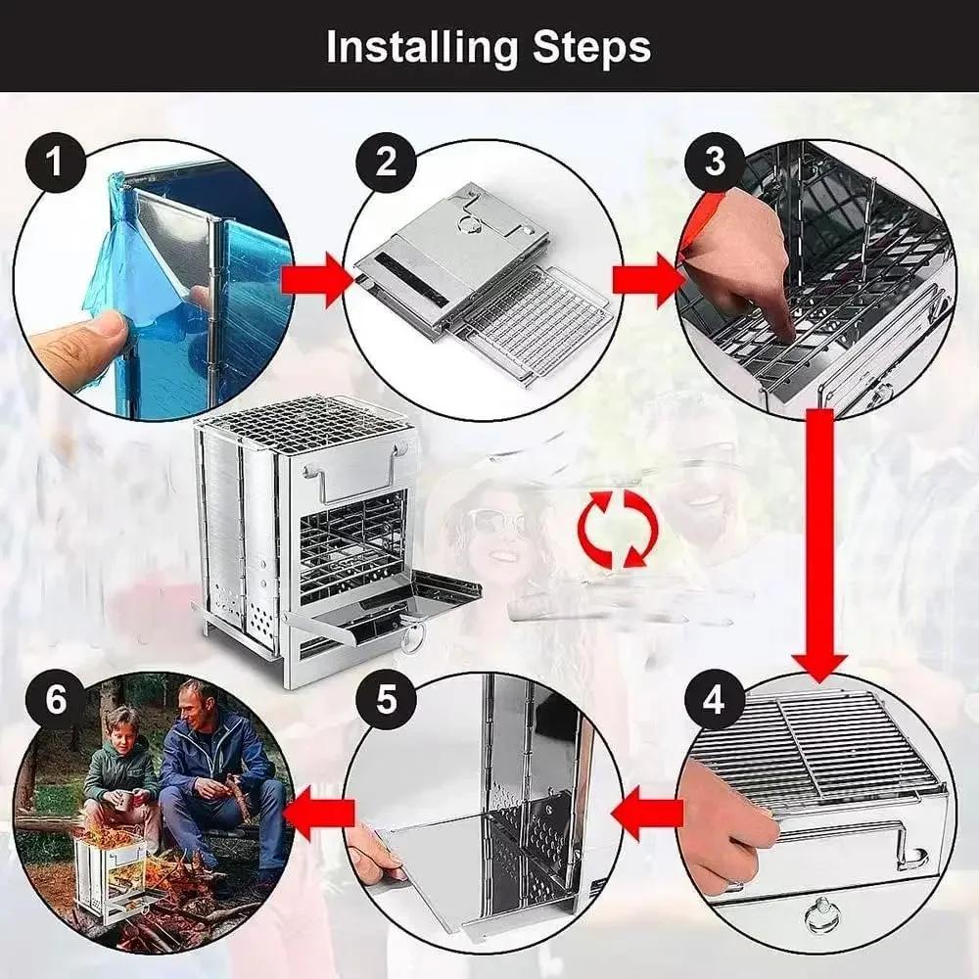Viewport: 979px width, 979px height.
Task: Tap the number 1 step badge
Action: coord(54,161)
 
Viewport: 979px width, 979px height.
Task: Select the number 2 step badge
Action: coord(387,161)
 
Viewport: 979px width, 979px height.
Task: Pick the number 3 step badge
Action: coord(716,161)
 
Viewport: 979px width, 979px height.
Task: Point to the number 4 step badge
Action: coord(715,701)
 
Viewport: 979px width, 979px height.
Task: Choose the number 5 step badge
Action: coord(387,701)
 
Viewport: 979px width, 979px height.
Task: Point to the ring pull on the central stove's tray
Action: coord(412,637)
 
